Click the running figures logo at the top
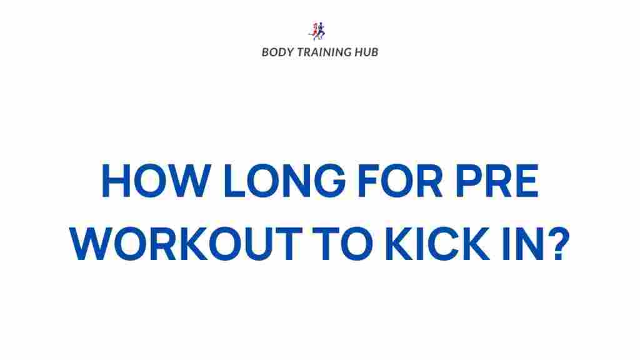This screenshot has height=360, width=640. (x=317, y=31)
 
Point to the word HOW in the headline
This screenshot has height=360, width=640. (x=156, y=181)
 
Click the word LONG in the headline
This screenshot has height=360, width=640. (x=284, y=181)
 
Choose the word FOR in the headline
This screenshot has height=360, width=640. (x=400, y=181)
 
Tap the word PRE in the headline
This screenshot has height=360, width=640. (x=497, y=181)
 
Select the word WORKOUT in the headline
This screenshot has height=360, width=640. (x=186, y=243)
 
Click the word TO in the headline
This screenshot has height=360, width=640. (x=342, y=243)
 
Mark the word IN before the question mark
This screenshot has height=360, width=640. (x=523, y=243)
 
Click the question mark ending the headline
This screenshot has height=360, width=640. (x=558, y=243)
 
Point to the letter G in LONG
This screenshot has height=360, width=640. (x=329, y=181)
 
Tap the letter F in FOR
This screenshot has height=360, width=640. (x=369, y=181)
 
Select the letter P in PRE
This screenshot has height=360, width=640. (x=469, y=181)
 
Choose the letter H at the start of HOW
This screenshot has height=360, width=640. (x=116, y=181)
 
